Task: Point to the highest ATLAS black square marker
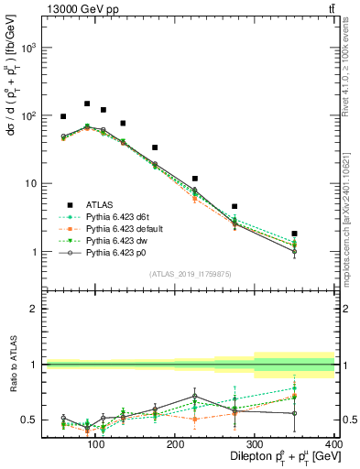[87, 104]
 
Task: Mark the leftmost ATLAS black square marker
[63, 116]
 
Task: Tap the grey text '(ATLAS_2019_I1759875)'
[191, 274]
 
